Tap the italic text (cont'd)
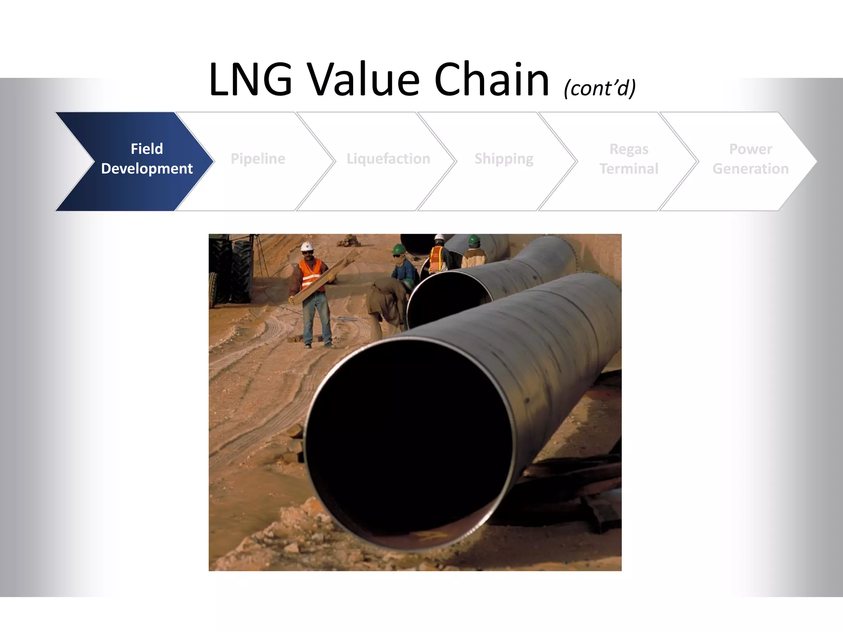(x=600, y=88)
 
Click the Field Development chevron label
(x=147, y=159)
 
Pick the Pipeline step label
(x=258, y=159)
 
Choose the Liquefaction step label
(x=388, y=159)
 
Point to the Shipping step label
(x=504, y=159)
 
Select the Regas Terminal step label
(x=629, y=159)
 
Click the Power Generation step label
(x=750, y=159)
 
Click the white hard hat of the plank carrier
(x=307, y=246)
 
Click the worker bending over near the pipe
(x=387, y=300)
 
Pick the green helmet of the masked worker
(x=398, y=249)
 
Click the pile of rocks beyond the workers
(x=348, y=241)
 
